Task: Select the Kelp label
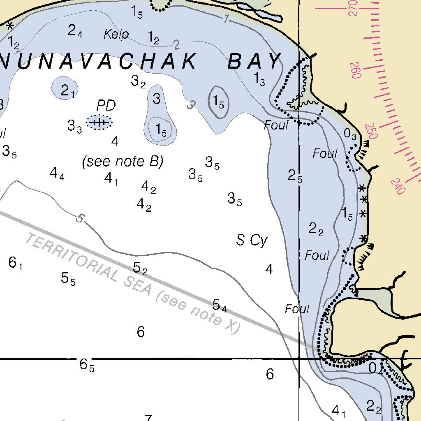(116, 34)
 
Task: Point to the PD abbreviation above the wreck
(106, 106)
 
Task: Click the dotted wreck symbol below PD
(99, 123)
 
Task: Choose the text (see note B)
(123, 161)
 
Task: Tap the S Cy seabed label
(252, 240)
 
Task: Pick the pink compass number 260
(356, 70)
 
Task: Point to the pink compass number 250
(372, 131)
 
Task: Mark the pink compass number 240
(398, 186)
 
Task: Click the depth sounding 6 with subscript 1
(15, 263)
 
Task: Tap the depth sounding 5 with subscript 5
(68, 279)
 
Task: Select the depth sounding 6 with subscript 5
(87, 365)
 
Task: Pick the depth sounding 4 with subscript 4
(57, 174)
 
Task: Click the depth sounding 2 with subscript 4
(75, 31)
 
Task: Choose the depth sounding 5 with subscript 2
(140, 268)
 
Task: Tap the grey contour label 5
(80, 219)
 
